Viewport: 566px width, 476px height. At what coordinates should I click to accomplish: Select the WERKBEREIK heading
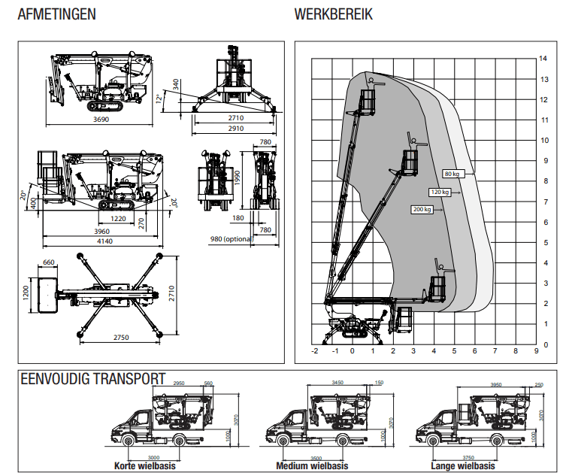coord(333,14)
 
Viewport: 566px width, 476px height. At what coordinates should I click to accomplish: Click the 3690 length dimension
coord(100,119)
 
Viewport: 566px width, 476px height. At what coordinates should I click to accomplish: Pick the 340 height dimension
coord(176,84)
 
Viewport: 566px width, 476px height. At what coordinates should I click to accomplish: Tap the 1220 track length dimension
coord(117,218)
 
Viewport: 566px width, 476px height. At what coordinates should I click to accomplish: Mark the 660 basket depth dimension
coord(49,262)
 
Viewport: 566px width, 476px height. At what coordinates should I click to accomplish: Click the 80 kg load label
coord(452,174)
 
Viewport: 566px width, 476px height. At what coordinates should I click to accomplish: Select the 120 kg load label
coord(439,192)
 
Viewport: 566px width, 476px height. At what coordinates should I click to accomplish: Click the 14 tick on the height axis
coord(542,58)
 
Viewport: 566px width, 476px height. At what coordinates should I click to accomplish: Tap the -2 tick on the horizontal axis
coord(314,350)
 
